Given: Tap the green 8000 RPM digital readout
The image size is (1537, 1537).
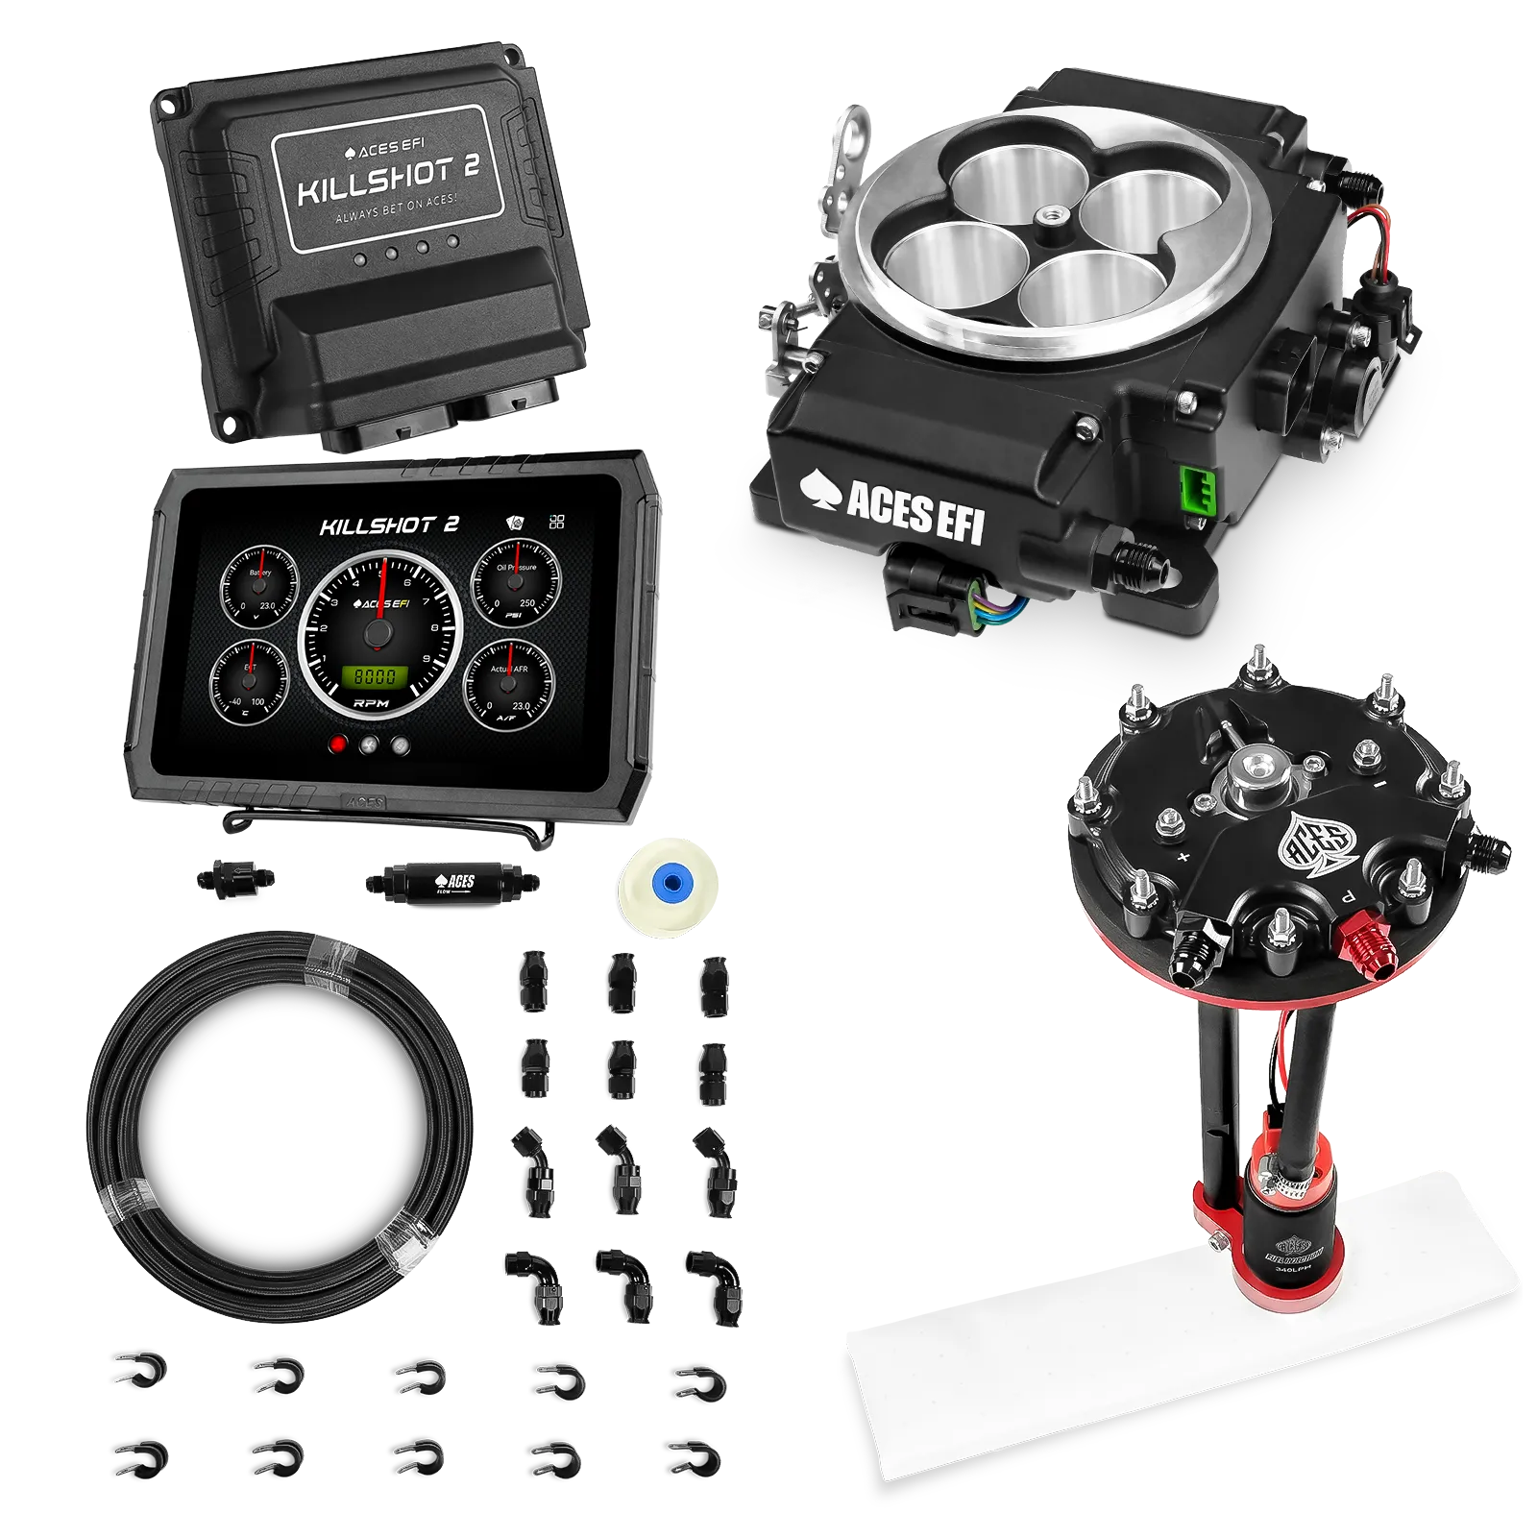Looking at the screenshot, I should [376, 676].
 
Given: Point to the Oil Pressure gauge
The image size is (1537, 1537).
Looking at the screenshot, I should [516, 583].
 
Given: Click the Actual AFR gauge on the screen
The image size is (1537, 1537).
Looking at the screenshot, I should [508, 681].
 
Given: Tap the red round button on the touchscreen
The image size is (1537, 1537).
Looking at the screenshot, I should [337, 744].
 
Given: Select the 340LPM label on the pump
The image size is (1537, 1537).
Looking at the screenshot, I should [1287, 1269].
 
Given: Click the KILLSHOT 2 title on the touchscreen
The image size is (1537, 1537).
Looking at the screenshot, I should [389, 525].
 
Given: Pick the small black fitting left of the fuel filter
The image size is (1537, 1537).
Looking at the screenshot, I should [233, 878].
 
